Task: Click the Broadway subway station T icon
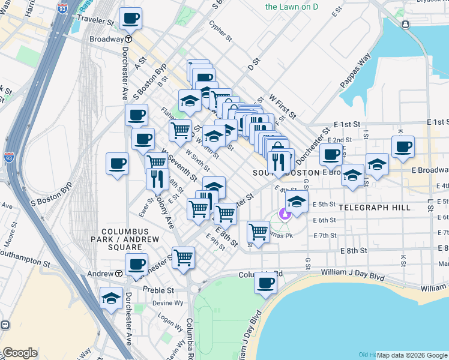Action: click(128, 38)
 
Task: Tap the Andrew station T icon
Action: click(119, 273)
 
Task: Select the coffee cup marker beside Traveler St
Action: click(130, 18)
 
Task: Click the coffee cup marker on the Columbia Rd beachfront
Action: click(265, 283)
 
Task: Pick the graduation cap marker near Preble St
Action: click(111, 298)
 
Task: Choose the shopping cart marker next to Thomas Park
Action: click(258, 231)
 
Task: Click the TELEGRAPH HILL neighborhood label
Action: click(375, 208)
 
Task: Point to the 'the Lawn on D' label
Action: click(292, 7)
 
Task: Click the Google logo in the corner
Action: click(20, 353)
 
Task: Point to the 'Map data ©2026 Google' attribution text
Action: click(412, 355)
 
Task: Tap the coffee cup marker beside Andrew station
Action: click(136, 264)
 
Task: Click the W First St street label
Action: click(282, 105)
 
